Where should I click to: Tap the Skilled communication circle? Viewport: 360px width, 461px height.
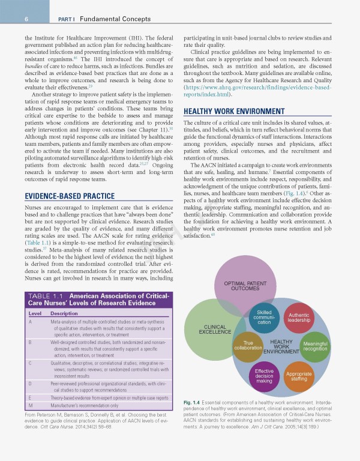click(x=264, y=318)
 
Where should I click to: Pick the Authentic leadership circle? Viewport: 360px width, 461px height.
click(x=298, y=318)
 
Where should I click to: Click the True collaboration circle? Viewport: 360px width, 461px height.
click(x=248, y=346)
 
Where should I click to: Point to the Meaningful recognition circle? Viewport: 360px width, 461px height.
click(x=315, y=346)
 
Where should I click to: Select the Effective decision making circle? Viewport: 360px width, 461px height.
click(x=264, y=376)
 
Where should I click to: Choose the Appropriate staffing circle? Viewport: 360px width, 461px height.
click(x=299, y=376)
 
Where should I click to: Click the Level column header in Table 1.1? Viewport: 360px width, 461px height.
click(x=35, y=313)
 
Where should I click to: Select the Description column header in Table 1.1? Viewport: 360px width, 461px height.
click(x=64, y=313)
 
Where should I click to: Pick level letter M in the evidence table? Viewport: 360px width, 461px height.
click(x=31, y=406)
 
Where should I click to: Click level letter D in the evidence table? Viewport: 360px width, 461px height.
click(x=30, y=382)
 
